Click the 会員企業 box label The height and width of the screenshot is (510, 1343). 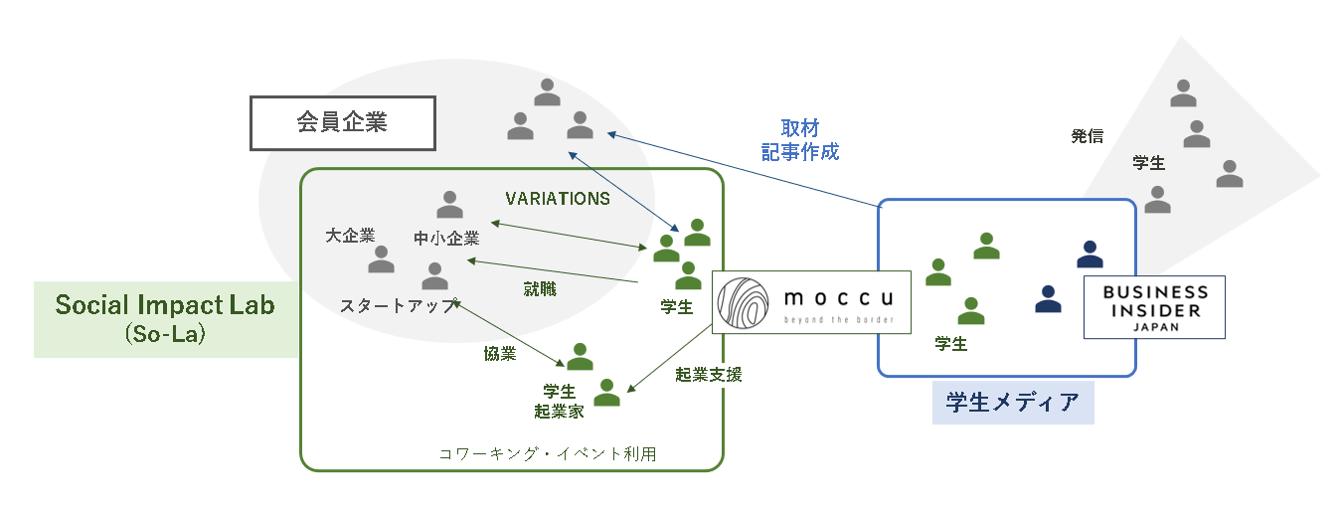(342, 123)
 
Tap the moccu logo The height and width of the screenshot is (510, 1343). (811, 300)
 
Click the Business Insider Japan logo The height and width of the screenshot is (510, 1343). (1154, 307)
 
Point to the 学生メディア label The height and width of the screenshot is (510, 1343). (1012, 403)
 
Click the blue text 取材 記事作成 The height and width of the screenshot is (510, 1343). (800, 140)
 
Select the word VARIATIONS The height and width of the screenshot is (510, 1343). (558, 199)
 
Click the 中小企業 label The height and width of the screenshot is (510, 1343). (447, 239)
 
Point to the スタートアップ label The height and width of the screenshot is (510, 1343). (399, 305)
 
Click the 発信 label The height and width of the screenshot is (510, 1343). (1087, 137)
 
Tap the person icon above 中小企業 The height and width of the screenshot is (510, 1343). (449, 205)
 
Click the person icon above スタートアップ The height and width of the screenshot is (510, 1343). (434, 275)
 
